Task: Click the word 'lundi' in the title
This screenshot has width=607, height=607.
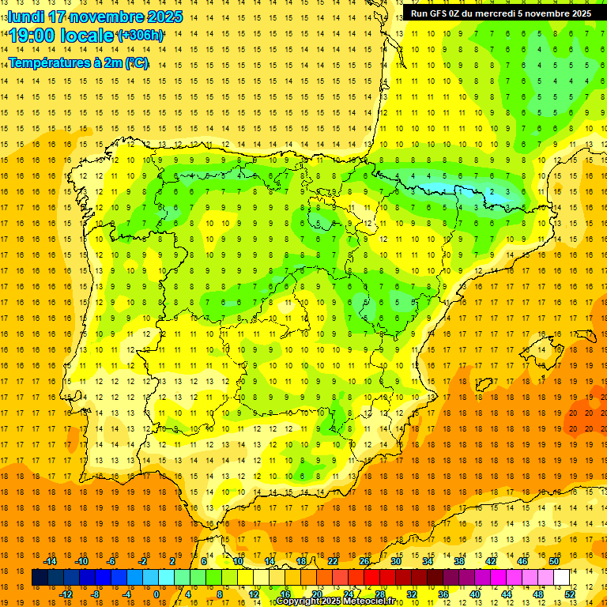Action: point(25,17)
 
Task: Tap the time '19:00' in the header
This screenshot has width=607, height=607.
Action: point(36,36)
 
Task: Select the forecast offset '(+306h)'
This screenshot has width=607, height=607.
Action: point(140,36)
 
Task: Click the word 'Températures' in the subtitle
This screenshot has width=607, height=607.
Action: point(48,63)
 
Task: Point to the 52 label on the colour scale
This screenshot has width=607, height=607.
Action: point(570,594)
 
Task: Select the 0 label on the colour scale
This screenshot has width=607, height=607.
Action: point(156,594)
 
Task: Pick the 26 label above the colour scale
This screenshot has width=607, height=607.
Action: point(364,561)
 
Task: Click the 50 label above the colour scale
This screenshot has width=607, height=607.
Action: point(554,561)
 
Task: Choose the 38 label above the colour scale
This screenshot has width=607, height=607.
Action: point(459,561)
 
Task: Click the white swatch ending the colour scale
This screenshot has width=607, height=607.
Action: point(561,578)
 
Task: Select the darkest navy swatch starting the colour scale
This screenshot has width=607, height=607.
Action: point(40,578)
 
